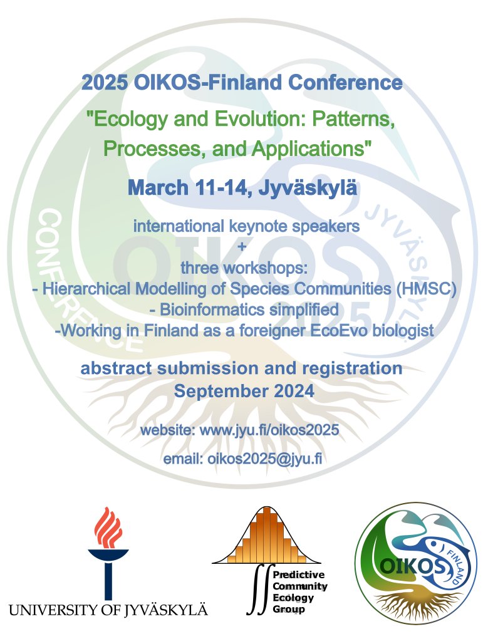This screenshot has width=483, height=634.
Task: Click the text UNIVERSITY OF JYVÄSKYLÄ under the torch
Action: coord(108,609)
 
